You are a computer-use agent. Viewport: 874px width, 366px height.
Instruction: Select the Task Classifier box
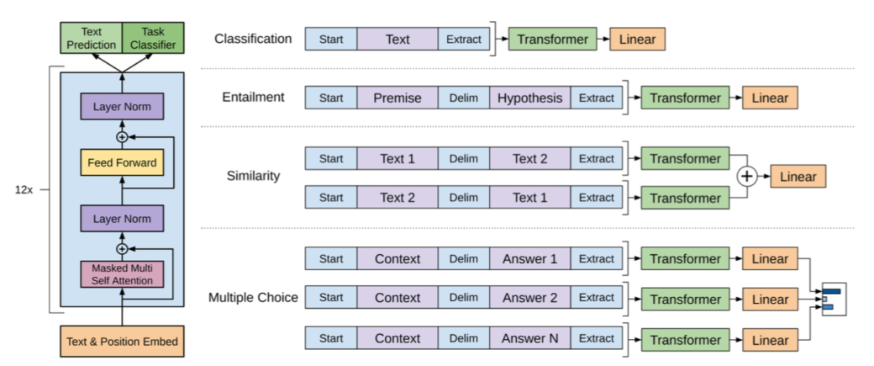pos(154,38)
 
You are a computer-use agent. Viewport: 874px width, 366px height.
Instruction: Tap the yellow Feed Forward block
pos(122,162)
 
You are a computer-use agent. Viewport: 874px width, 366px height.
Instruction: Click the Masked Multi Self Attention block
pos(122,273)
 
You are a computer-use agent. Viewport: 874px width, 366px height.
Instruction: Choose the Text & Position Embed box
pos(122,342)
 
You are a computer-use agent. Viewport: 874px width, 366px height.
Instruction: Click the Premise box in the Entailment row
pos(397,98)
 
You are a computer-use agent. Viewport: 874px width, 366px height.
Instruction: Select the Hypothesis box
pos(529,98)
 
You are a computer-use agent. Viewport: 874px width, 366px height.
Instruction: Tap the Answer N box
pos(529,338)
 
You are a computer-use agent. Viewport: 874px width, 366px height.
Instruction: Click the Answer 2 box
pos(529,298)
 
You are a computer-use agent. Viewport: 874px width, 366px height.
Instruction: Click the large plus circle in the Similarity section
pos(747,178)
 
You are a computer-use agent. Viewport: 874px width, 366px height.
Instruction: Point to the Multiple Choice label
pos(253,298)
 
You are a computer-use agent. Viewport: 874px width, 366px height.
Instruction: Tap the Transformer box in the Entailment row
pos(685,98)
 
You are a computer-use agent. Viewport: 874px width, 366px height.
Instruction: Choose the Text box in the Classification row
pos(397,39)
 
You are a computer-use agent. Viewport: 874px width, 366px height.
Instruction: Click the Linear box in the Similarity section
pos(798,177)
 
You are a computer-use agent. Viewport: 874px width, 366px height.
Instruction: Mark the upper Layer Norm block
pos(122,108)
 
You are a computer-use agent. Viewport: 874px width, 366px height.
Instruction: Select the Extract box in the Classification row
pos(464,39)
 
